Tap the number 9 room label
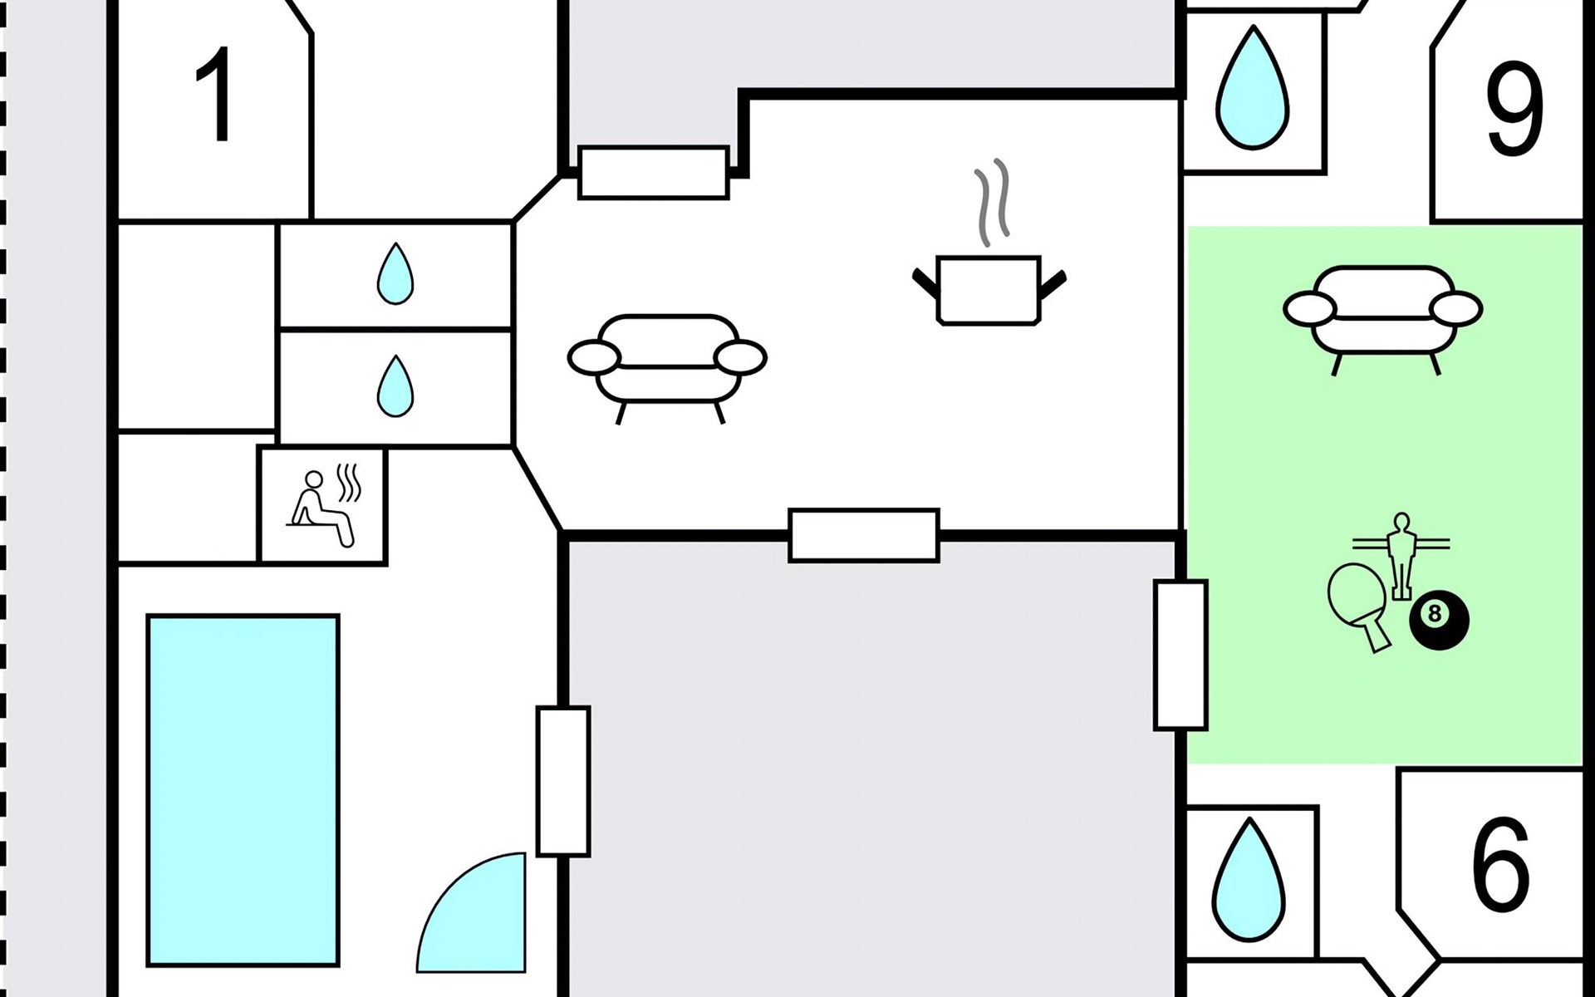coord(1514,108)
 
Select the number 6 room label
coord(1500,864)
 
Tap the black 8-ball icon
coord(1439,619)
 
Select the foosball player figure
coord(1401,554)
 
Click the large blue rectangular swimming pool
coord(243,790)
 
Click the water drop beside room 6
coord(1249,880)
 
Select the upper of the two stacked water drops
coord(395,273)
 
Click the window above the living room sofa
coord(654,173)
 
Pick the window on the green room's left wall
coord(1180,656)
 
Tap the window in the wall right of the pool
coord(563,781)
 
